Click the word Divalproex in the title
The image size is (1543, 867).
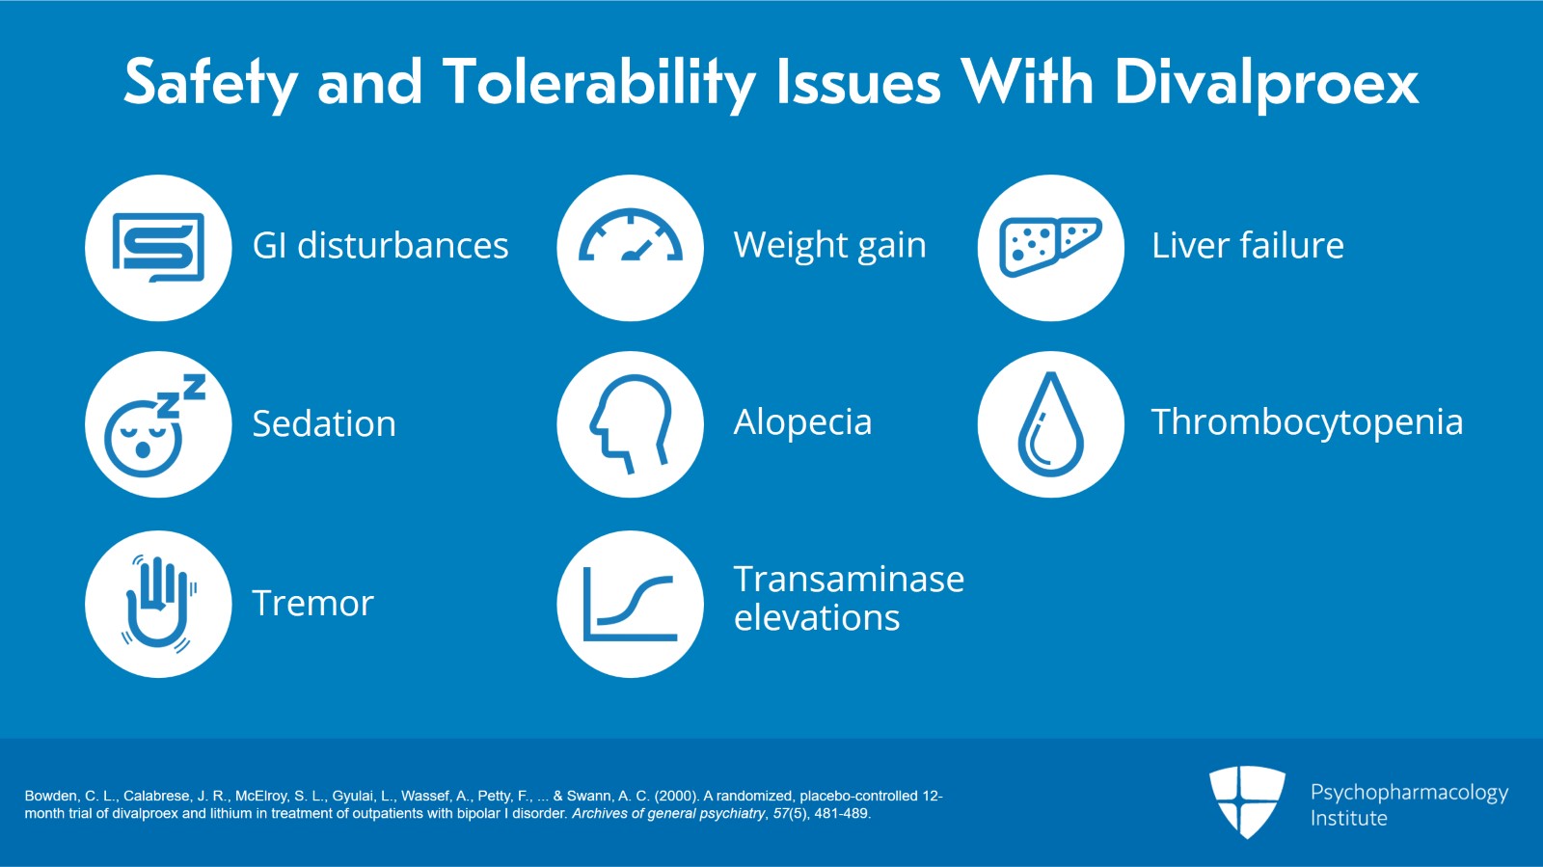pyautogui.click(x=1266, y=83)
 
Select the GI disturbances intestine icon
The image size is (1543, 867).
pyautogui.click(x=158, y=248)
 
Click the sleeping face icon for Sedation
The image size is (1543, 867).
pyautogui.click(x=158, y=424)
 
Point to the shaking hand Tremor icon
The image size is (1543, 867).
pyautogui.click(x=158, y=604)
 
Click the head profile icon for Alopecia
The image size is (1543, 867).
pyautogui.click(x=630, y=424)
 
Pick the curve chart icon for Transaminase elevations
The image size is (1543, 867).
pyautogui.click(x=630, y=604)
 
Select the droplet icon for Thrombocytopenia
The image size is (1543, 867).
pyautogui.click(x=1050, y=424)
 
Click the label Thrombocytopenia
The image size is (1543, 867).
pyautogui.click(x=1307, y=422)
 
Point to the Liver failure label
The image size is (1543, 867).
pyautogui.click(x=1247, y=246)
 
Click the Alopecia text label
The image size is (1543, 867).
pyautogui.click(x=802, y=422)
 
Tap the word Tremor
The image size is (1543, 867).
pyautogui.click(x=312, y=604)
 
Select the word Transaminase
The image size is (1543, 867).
pyautogui.click(x=849, y=580)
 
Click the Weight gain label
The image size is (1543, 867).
pyautogui.click(x=829, y=246)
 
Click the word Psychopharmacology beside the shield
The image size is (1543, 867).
pyautogui.click(x=1409, y=793)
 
